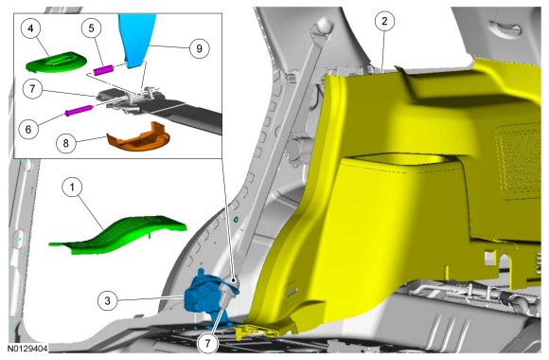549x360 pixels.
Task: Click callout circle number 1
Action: coord(72,188)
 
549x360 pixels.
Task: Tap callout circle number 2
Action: coord(384,21)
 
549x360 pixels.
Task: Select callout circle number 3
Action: coord(108,300)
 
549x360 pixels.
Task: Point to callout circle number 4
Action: coord(31,28)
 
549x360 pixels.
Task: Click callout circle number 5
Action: coord(92,28)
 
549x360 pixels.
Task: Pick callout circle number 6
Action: coord(28,129)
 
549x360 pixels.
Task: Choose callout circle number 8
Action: coord(66,143)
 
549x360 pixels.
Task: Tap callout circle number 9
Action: coord(199,48)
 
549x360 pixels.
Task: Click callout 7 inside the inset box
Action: coord(32,88)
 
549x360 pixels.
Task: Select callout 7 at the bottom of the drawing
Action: coord(208,343)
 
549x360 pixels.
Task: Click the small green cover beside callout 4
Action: coord(56,62)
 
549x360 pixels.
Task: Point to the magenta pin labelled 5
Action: coord(103,70)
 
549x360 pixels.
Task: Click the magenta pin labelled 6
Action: coord(79,111)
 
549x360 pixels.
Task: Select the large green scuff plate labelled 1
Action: coord(117,235)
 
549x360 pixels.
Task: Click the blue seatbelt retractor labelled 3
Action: coord(204,297)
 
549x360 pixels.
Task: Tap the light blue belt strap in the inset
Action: coord(136,39)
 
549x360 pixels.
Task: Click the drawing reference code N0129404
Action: coord(27,349)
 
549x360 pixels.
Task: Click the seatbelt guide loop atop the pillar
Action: coord(322,28)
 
